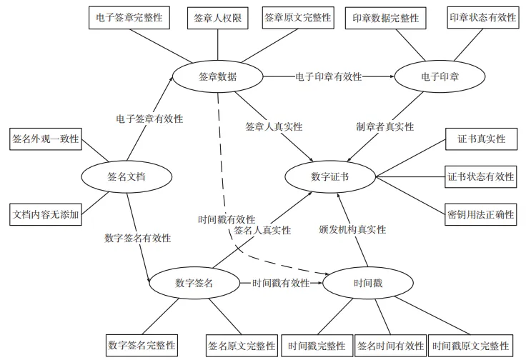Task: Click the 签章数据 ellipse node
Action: click(x=217, y=76)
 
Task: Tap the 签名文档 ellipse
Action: click(x=126, y=176)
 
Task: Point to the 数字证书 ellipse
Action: click(x=329, y=176)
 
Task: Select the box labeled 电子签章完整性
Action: click(x=129, y=17)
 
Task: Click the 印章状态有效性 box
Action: click(x=482, y=18)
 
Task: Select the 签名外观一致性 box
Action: click(x=45, y=139)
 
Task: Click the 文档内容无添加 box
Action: click(x=45, y=213)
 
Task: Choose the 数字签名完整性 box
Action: click(x=142, y=346)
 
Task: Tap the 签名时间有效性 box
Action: click(x=390, y=346)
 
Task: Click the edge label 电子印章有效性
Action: click(x=328, y=76)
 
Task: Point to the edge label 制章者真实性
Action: click(x=384, y=126)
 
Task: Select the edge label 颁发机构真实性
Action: click(x=352, y=229)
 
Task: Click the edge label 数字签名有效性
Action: click(x=137, y=238)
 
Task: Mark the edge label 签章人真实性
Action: click(x=274, y=126)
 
